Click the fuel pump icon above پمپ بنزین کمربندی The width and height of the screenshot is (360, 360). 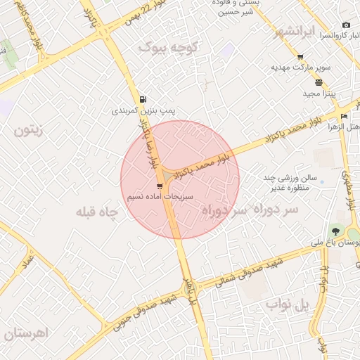click(143, 99)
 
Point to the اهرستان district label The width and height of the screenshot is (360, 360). click(25, 333)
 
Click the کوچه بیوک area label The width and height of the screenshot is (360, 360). click(169, 47)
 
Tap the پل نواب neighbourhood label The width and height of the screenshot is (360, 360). click(288, 304)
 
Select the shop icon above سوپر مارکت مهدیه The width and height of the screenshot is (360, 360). click(301, 57)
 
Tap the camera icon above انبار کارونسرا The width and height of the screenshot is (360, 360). click(345, 25)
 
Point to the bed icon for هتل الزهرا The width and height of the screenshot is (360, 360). click(343, 116)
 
